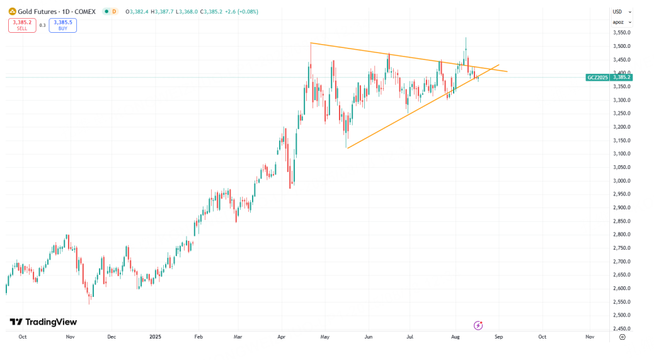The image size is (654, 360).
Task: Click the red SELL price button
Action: click(21, 25)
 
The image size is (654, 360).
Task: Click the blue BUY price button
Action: click(62, 25)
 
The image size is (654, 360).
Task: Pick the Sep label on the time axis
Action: click(499, 337)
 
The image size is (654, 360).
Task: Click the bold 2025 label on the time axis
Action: click(156, 337)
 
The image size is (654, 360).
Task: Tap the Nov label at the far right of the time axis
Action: click(590, 337)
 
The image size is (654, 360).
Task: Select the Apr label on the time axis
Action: click(282, 337)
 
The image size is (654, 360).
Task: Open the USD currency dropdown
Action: click(620, 11)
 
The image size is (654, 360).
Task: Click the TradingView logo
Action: click(43, 322)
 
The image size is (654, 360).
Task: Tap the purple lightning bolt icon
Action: click(478, 325)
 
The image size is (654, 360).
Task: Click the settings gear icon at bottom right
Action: click(622, 337)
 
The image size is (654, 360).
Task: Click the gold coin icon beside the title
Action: click(11, 11)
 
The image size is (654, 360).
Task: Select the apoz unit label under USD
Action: click(620, 22)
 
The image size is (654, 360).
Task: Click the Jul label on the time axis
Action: click(410, 337)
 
